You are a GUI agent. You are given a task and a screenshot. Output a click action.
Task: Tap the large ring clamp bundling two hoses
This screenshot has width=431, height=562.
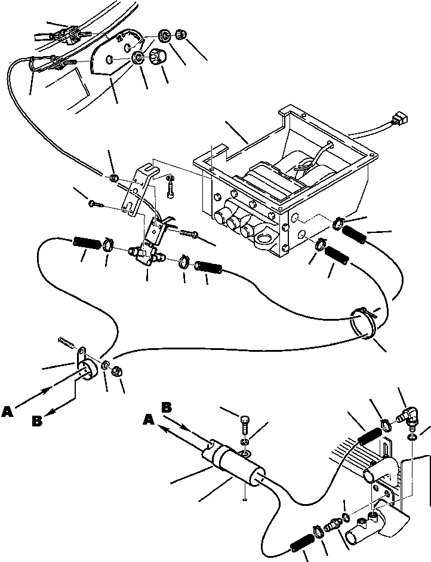pos(363,324)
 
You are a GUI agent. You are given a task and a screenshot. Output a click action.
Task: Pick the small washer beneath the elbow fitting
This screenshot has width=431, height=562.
pos(413,438)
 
